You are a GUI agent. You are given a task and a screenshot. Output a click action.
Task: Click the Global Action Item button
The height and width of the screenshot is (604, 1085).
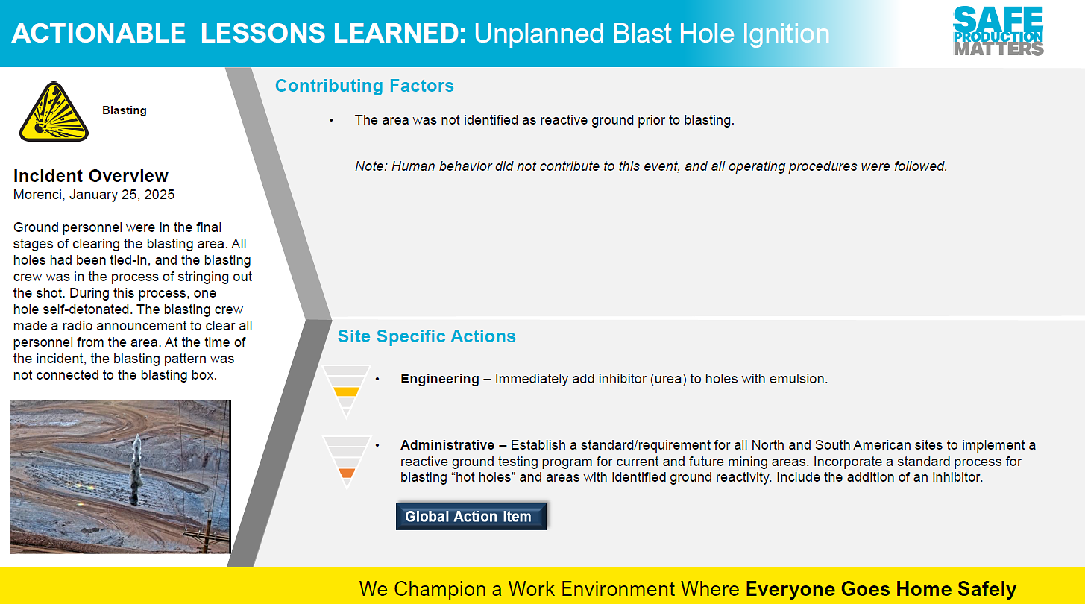pyautogui.click(x=471, y=516)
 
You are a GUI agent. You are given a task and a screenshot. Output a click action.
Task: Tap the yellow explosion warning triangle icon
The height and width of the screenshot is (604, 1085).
pyautogui.click(x=54, y=113)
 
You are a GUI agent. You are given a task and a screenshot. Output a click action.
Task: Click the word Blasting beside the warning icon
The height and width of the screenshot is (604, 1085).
pyautogui.click(x=125, y=110)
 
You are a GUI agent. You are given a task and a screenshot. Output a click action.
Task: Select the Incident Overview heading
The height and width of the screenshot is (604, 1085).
pyautogui.click(x=90, y=175)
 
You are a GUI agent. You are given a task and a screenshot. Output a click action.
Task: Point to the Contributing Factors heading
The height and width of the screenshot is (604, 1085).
pyautogui.click(x=364, y=86)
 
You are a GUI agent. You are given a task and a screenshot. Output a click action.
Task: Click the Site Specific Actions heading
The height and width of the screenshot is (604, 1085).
pyautogui.click(x=427, y=336)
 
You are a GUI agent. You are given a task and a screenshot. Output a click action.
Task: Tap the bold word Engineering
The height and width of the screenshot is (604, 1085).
pyautogui.click(x=440, y=379)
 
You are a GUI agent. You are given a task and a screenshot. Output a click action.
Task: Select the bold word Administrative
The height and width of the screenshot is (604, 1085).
pyautogui.click(x=447, y=444)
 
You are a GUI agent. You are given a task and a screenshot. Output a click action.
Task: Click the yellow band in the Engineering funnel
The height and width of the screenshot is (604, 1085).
pyautogui.click(x=346, y=391)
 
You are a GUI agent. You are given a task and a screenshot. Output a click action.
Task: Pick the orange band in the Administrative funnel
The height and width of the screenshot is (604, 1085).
pyautogui.click(x=347, y=474)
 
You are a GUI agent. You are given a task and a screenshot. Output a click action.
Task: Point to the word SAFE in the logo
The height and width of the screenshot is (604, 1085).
pyautogui.click(x=998, y=19)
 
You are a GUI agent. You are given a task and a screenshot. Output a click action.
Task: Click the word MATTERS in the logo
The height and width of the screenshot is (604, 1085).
pyautogui.click(x=998, y=49)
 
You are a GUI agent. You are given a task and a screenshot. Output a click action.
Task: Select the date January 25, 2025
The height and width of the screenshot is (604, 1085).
pyautogui.click(x=122, y=195)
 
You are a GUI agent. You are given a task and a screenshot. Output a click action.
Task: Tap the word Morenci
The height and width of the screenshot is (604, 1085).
pyautogui.click(x=39, y=195)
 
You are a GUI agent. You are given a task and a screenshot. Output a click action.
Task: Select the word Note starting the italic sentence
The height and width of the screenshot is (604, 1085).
pyautogui.click(x=371, y=166)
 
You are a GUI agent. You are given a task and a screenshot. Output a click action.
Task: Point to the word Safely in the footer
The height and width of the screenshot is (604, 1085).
pyautogui.click(x=987, y=589)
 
